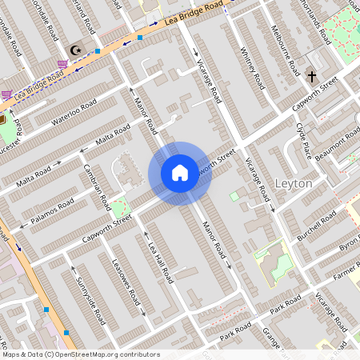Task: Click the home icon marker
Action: (x=180, y=173)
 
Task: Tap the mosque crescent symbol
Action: (x=77, y=50)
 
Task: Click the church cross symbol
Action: (x=312, y=77)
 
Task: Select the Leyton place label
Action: (x=293, y=183)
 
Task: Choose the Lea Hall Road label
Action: (x=160, y=262)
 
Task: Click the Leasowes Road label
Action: (x=126, y=285)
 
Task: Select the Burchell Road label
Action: (x=316, y=228)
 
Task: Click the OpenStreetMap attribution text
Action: (x=80, y=354)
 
